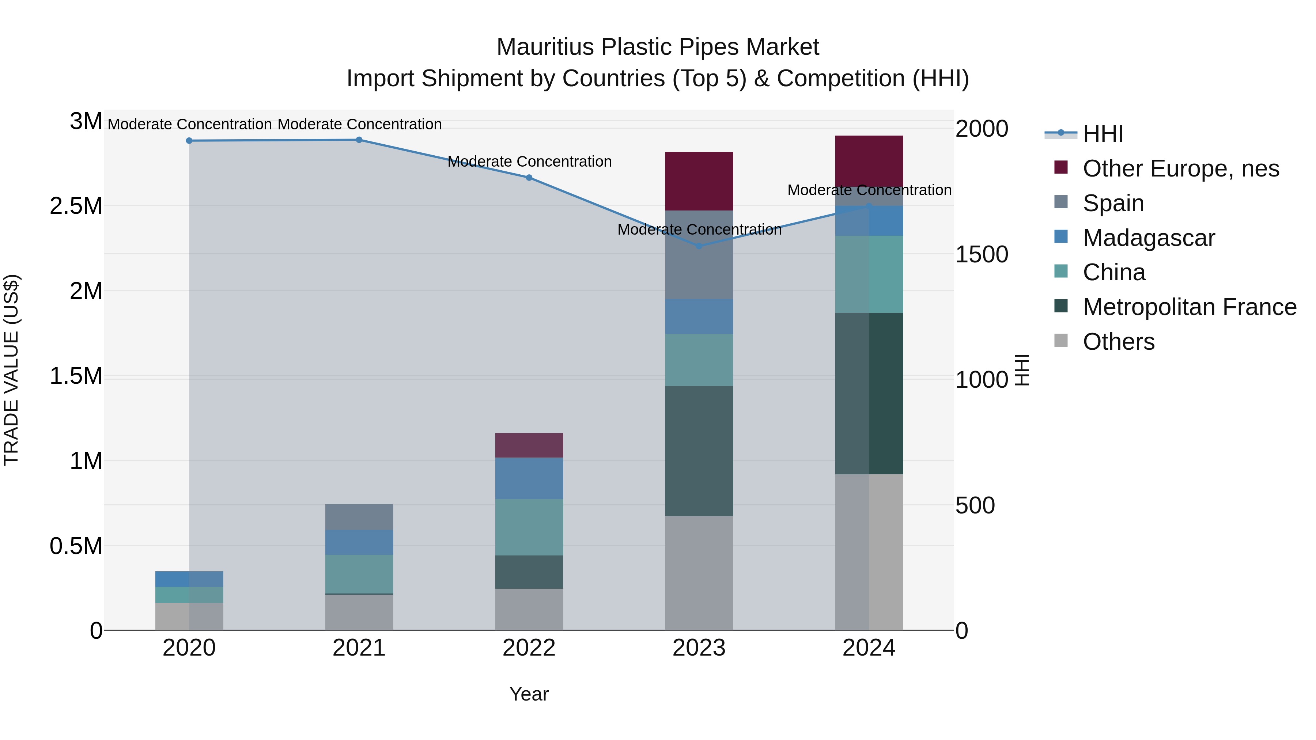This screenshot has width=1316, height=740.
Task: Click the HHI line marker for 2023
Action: coord(699,246)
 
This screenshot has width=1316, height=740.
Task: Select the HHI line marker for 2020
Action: coord(189,140)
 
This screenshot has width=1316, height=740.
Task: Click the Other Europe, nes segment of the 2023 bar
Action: coord(699,181)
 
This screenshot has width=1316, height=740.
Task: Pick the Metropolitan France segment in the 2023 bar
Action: coord(699,451)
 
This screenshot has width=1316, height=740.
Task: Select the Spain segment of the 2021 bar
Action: coord(359,517)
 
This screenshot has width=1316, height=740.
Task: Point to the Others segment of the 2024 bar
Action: coord(869,552)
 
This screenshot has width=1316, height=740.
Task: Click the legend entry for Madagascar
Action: coord(1149,238)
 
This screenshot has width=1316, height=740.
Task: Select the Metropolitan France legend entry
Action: coord(1189,307)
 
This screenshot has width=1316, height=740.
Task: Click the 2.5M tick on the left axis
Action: coord(76,206)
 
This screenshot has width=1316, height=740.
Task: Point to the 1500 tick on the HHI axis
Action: coord(982,254)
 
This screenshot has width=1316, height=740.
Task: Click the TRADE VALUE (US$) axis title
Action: coord(11,370)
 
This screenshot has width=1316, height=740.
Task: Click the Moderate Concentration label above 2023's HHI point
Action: coord(699,230)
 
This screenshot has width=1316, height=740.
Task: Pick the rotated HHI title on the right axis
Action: coord(1021,370)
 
